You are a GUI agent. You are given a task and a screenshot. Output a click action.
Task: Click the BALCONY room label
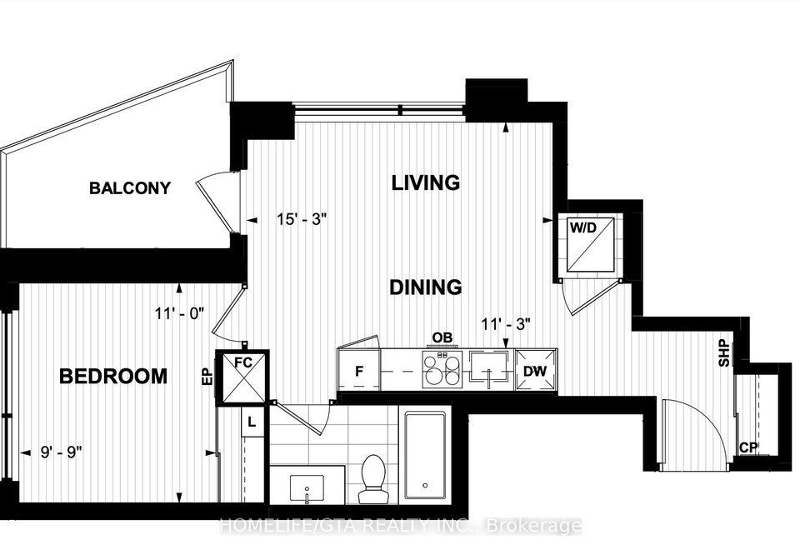(x=130, y=187)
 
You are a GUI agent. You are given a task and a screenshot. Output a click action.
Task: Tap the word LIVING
(x=426, y=182)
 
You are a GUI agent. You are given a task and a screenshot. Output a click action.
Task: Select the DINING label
(x=426, y=287)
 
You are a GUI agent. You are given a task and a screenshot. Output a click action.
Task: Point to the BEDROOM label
(x=113, y=376)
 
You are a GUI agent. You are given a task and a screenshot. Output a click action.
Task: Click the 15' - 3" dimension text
(x=302, y=219)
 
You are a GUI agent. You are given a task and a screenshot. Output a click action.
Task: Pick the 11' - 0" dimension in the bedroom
(x=180, y=312)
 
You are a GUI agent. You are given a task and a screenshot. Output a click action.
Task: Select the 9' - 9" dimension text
(x=62, y=452)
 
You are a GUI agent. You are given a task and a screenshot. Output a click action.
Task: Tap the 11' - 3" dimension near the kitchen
(x=506, y=323)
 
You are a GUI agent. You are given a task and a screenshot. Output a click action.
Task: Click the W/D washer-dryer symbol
(x=591, y=245)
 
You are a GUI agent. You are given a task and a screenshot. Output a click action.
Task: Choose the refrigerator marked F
(x=359, y=371)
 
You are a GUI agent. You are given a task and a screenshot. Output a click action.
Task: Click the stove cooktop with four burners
(x=442, y=368)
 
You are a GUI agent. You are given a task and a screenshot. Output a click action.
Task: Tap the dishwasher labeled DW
(x=535, y=371)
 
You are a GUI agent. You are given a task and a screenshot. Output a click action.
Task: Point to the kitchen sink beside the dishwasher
(x=490, y=369)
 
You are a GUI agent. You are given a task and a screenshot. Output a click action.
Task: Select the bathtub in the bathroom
(x=425, y=456)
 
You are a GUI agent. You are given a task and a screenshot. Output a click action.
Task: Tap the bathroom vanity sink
(x=307, y=488)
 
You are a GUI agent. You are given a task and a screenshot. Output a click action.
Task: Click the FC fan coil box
(x=242, y=377)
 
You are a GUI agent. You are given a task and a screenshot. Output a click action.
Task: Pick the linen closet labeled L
(x=252, y=422)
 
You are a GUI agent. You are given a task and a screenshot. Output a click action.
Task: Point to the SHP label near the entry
(x=724, y=353)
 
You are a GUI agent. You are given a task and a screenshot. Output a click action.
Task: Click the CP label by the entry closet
(x=748, y=447)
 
